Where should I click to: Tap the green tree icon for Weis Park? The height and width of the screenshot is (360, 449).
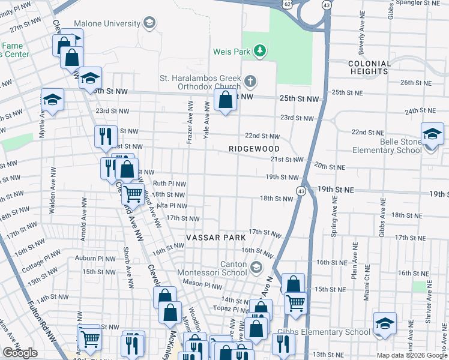260,52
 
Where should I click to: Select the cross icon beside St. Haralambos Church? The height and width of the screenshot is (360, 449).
250,80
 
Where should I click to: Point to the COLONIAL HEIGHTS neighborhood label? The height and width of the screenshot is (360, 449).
369,67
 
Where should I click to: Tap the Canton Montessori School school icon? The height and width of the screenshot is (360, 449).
256,266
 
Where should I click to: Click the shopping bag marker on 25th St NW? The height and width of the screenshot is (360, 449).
225,101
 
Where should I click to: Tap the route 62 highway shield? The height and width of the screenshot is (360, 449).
288,4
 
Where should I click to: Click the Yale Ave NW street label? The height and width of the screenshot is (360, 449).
207,121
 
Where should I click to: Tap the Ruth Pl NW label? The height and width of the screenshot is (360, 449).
169,184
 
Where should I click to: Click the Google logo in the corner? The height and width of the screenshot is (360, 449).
20,353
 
